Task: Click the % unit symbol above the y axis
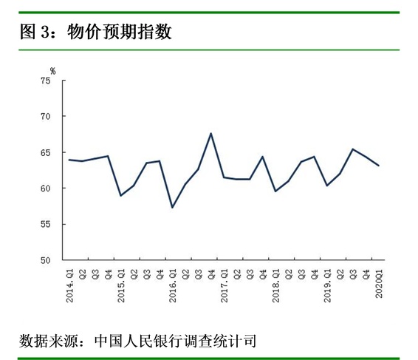(x=52, y=70)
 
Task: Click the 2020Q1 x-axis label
(x=380, y=279)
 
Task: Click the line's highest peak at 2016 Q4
(x=211, y=133)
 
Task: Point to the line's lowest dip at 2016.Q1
(x=173, y=207)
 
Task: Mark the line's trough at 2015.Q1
(x=121, y=195)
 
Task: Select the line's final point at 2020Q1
(x=380, y=166)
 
